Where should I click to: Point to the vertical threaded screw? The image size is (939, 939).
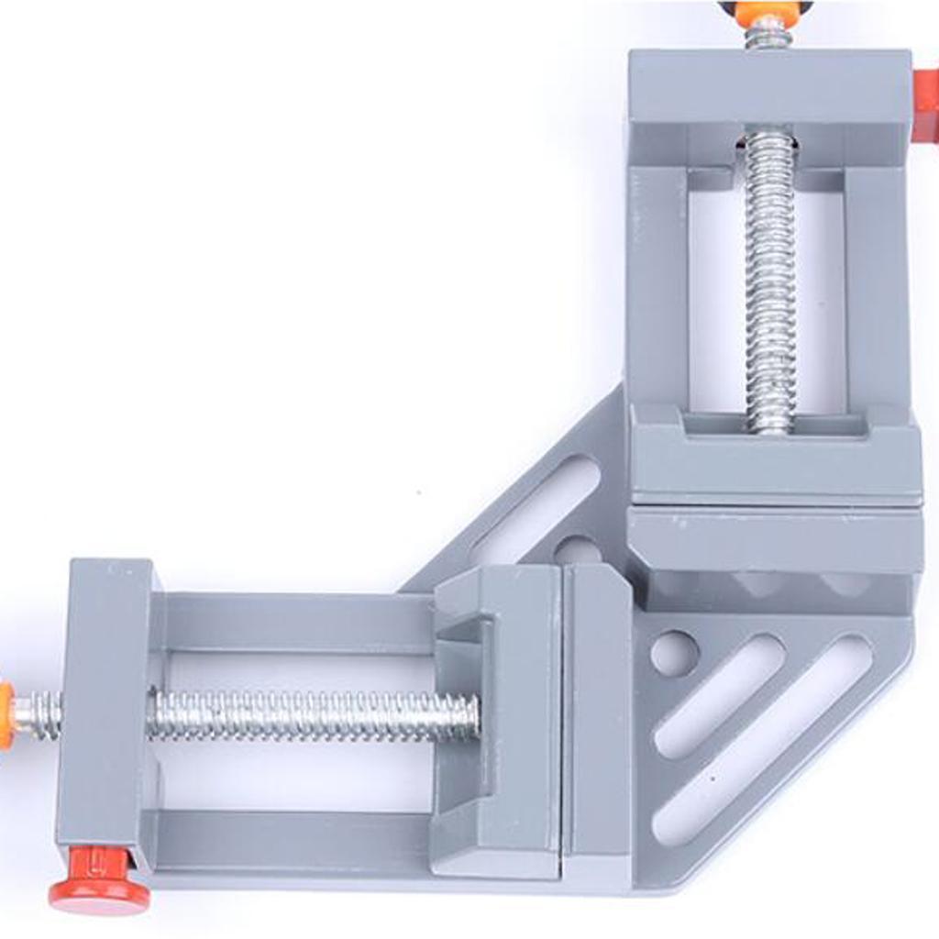(768, 275)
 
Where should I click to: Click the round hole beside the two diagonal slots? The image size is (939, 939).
(674, 654)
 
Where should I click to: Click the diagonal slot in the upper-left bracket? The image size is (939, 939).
(536, 509)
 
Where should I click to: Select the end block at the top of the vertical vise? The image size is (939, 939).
(768, 92)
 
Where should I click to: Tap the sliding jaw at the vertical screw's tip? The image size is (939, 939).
(775, 454)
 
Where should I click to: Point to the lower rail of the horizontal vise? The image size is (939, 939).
(293, 839)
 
